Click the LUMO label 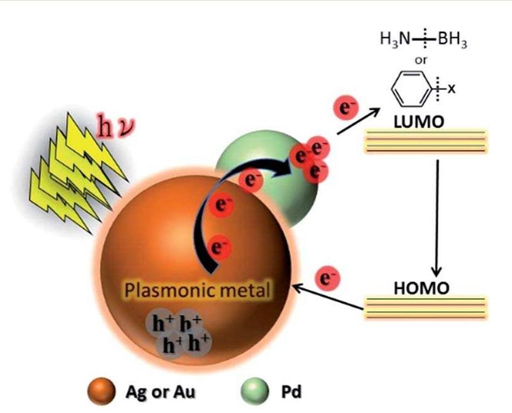[x=419, y=122]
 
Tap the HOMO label [x=422, y=288]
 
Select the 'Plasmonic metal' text [x=198, y=290]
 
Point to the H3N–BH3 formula [x=423, y=39]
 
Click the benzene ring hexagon [x=410, y=89]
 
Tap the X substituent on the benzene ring [x=451, y=89]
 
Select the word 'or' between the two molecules [x=420, y=61]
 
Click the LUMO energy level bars [x=425, y=142]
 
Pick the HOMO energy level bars [x=425, y=308]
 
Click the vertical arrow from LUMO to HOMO [x=437, y=217]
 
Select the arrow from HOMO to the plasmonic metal [x=328, y=297]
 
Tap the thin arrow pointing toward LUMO [x=358, y=121]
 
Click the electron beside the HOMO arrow [x=327, y=279]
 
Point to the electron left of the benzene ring [x=345, y=107]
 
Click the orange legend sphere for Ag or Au [x=102, y=391]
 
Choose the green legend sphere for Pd [x=255, y=391]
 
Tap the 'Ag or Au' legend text [x=160, y=392]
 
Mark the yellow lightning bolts [x=77, y=173]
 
